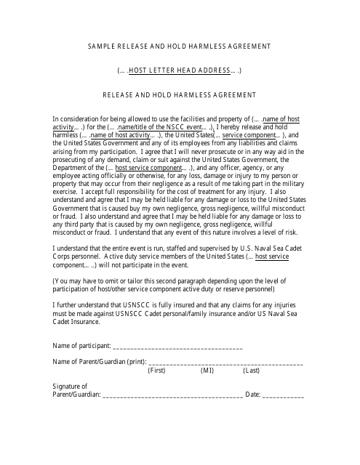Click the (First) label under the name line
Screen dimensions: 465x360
(x=156, y=370)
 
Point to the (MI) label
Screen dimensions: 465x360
(x=207, y=370)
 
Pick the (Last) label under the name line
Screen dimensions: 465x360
(x=251, y=370)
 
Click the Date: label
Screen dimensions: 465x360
(x=252, y=395)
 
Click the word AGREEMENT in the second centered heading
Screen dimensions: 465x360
(x=233, y=94)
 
